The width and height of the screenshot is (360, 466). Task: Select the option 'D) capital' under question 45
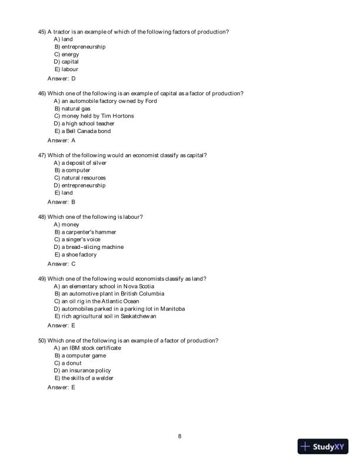(66, 62)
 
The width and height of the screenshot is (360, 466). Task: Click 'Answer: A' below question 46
(61, 141)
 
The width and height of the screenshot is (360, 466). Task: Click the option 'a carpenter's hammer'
(88, 232)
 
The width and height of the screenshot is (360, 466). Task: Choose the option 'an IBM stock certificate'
(91, 348)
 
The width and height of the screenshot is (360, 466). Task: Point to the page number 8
(179, 437)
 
